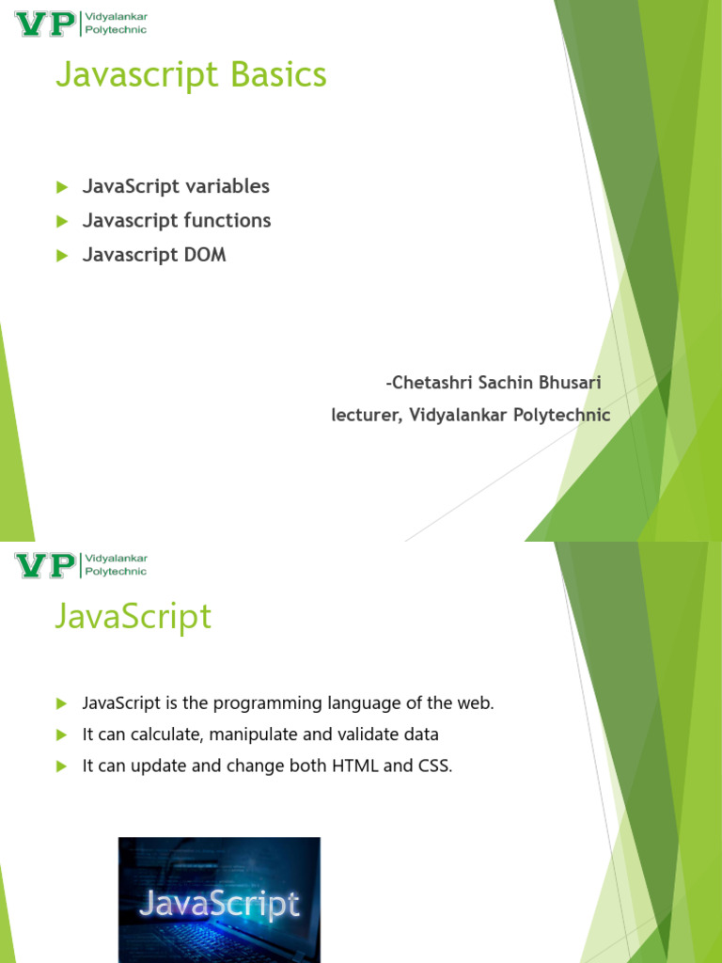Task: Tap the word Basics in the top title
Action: [278, 74]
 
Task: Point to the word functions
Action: [228, 220]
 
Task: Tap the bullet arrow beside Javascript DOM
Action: [62, 256]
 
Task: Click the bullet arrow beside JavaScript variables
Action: [62, 187]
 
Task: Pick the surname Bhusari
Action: [570, 383]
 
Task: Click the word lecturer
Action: [368, 415]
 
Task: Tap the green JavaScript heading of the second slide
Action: [133, 616]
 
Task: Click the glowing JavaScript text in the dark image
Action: [219, 905]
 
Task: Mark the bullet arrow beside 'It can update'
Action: [62, 766]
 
